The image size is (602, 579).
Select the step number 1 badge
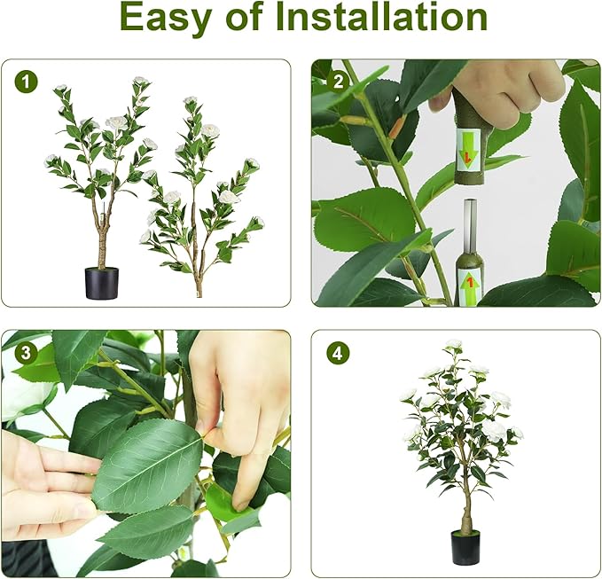(x=27, y=82)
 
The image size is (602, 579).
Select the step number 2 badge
(x=336, y=82)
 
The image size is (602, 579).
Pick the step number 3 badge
(x=27, y=353)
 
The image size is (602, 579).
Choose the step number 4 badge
(x=336, y=353)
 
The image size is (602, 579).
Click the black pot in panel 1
(x=101, y=282)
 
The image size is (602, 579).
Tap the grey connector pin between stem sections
(x=470, y=226)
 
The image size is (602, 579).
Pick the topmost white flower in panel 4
(x=454, y=344)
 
